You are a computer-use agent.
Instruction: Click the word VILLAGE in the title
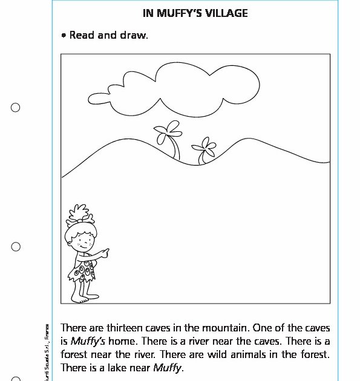pos(226,12)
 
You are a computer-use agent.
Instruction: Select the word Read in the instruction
pos(82,35)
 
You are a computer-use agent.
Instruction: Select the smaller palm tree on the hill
pos(203,151)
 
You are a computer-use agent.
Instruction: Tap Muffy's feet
pos(80,298)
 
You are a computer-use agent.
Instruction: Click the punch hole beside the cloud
pos(16,108)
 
